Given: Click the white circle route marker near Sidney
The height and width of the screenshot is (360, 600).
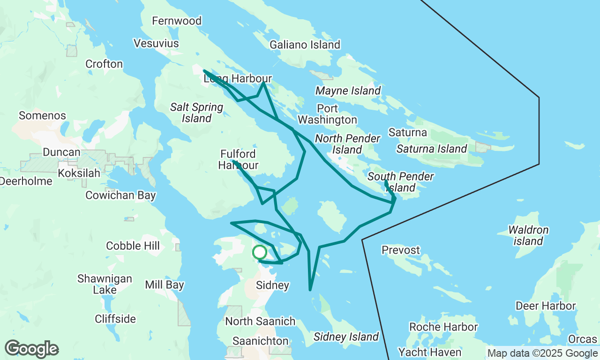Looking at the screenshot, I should point(259,253).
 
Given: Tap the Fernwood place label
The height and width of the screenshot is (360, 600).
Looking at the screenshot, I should point(177,21).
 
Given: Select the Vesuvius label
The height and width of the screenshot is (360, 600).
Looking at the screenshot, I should point(156,44).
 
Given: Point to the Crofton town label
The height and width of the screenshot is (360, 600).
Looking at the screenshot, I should point(104,64).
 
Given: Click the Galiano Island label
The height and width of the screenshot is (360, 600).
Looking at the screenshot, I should point(305,45).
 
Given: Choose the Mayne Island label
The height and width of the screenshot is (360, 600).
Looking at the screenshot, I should point(348,90).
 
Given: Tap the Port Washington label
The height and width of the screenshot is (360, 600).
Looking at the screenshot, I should point(327,114).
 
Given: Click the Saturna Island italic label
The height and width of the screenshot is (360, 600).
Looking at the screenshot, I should point(431,149).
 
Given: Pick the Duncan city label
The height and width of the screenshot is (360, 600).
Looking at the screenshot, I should point(61,152).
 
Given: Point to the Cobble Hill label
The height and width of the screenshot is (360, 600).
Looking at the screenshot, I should point(133,246).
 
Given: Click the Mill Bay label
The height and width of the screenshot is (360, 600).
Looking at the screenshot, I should point(165,285).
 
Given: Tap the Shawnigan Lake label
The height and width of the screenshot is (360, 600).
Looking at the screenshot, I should point(105,284).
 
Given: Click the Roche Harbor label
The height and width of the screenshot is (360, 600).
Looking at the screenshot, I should point(443,327).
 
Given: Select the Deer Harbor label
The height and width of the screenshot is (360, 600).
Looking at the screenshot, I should point(546,306).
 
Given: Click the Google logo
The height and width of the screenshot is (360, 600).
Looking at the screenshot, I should point(31,349).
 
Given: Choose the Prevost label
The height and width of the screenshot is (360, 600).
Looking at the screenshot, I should point(401,250).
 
